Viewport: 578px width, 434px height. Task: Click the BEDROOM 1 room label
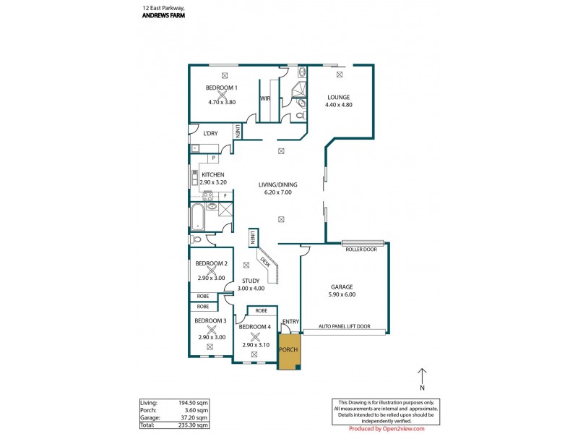(x=221, y=88)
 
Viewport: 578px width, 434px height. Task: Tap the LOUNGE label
(x=338, y=97)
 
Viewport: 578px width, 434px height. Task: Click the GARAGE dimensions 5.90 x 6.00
(x=342, y=295)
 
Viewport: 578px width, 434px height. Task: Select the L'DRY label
(x=210, y=133)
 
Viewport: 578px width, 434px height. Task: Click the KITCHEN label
(x=213, y=175)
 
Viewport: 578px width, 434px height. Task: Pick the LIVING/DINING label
(x=278, y=185)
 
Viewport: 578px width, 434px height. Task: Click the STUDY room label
(x=251, y=281)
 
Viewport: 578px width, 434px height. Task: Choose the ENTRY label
(x=291, y=321)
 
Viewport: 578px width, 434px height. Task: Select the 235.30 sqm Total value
(x=195, y=425)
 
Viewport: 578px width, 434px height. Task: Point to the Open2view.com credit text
(x=402, y=429)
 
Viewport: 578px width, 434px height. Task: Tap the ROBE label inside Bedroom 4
(x=262, y=312)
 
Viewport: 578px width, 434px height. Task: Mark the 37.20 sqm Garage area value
(x=196, y=418)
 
